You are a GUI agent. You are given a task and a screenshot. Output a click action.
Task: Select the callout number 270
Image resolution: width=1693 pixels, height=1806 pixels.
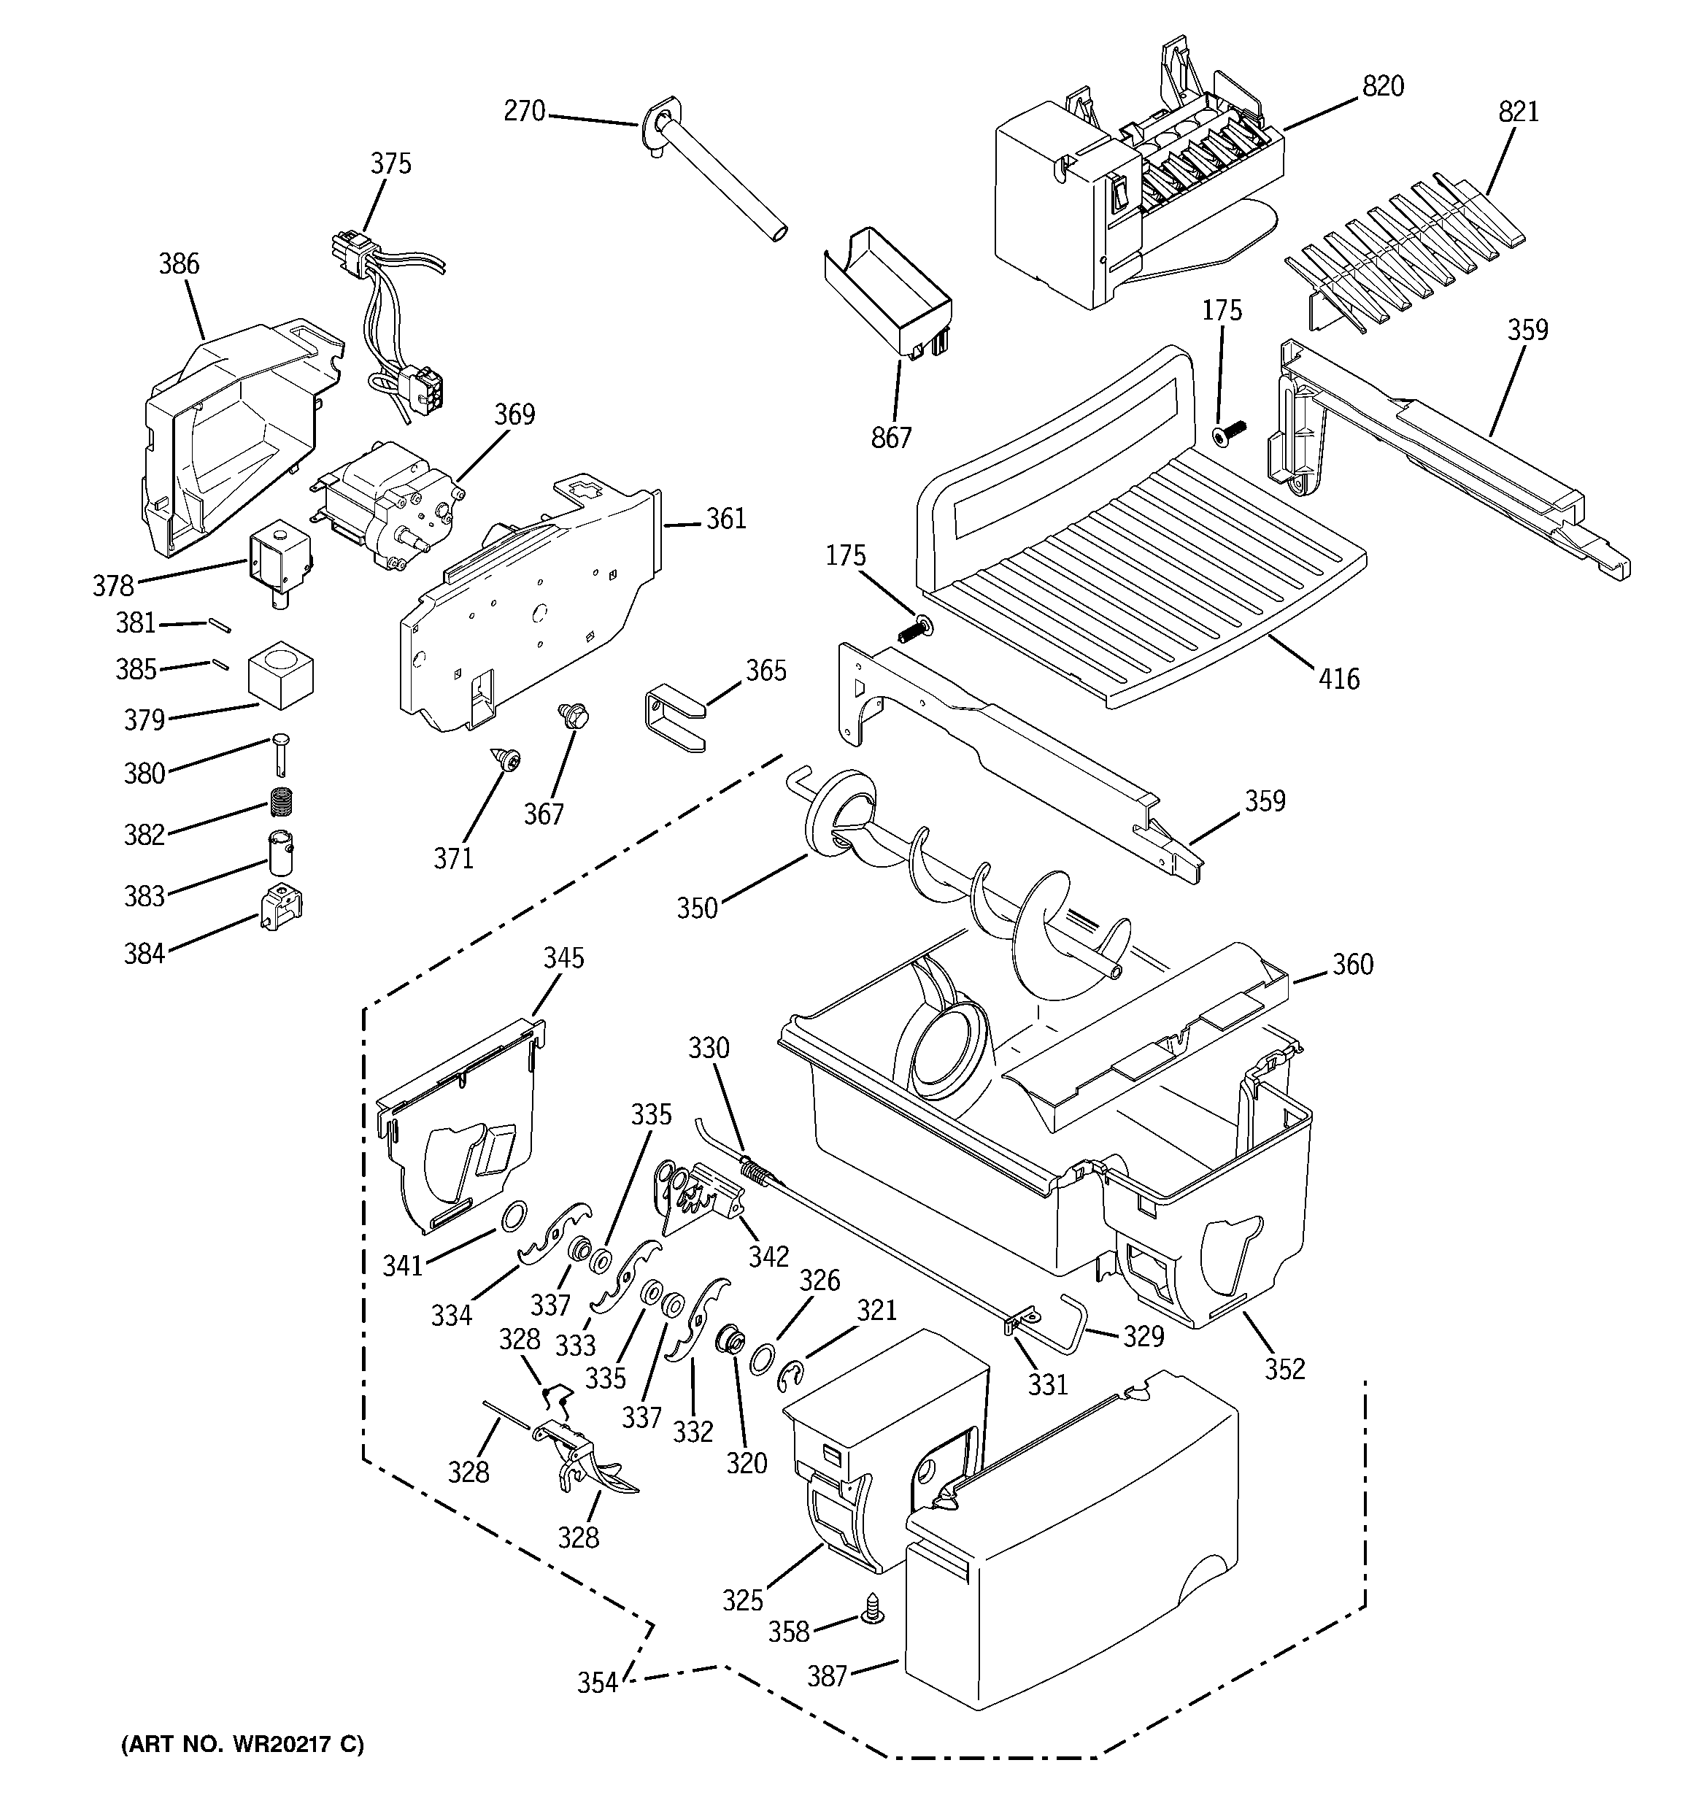click(x=525, y=112)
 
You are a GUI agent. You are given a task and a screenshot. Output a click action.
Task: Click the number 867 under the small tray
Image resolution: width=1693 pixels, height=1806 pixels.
click(x=890, y=438)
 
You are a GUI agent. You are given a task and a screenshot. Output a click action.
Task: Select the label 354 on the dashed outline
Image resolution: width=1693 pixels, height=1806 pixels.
click(x=597, y=1683)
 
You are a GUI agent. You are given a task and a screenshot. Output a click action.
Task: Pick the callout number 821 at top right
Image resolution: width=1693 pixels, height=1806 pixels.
click(x=1519, y=112)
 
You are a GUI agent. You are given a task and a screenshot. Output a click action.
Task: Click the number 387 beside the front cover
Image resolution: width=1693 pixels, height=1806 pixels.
click(x=827, y=1676)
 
